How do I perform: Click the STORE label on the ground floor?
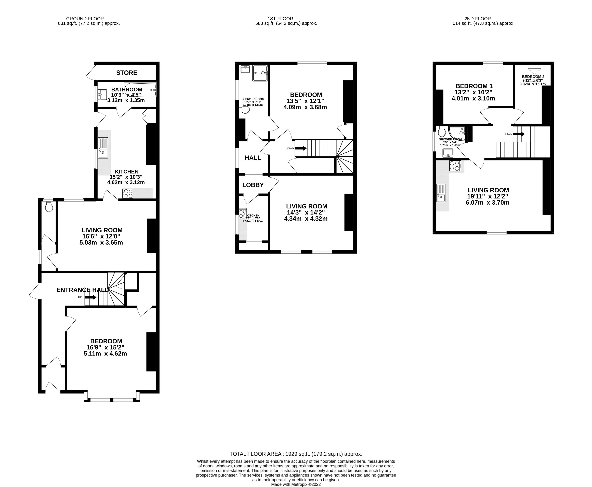click(127, 73)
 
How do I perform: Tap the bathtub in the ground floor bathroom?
click(140, 90)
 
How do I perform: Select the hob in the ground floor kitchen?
click(128, 194)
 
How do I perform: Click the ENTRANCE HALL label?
click(82, 290)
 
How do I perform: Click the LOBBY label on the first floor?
click(253, 185)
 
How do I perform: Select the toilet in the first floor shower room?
click(245, 109)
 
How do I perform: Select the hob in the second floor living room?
click(455, 166)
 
